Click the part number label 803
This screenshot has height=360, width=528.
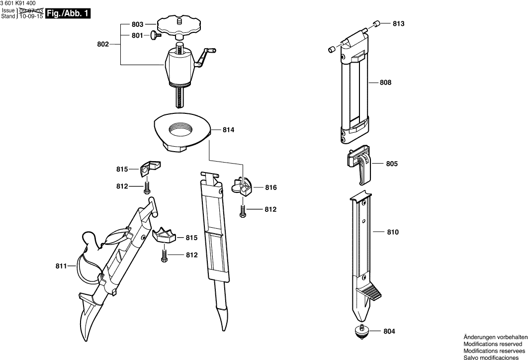(137, 24)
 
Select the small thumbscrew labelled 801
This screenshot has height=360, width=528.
(155, 35)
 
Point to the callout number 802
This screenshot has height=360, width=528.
(102, 44)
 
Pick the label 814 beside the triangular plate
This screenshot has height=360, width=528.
(228, 130)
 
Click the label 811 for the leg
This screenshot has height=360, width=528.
(61, 267)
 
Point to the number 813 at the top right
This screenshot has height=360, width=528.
(398, 24)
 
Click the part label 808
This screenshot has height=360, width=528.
(385, 83)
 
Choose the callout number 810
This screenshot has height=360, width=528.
(392, 232)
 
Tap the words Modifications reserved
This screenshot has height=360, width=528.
(493, 344)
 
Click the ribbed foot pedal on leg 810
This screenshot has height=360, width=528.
(371, 293)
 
